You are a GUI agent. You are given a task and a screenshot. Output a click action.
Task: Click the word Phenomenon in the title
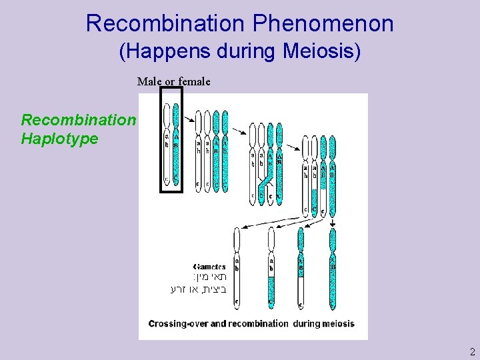coord(323,24)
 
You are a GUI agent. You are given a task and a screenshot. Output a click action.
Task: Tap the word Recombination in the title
coord(165,24)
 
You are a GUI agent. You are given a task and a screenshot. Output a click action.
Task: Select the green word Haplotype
coord(59,139)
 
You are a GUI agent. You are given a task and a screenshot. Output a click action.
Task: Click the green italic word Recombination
coord(78,120)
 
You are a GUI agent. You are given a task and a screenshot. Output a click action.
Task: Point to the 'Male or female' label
coord(173,81)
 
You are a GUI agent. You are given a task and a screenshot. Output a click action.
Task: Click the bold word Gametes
coord(209,266)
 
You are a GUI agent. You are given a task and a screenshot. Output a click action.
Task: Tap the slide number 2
coord(472,351)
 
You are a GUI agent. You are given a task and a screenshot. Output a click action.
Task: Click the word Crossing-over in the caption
coord(187,324)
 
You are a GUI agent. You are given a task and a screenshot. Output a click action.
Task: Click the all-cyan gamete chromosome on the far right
coord(332,270)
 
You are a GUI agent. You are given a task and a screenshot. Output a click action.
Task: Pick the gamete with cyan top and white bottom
coord(301,270)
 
